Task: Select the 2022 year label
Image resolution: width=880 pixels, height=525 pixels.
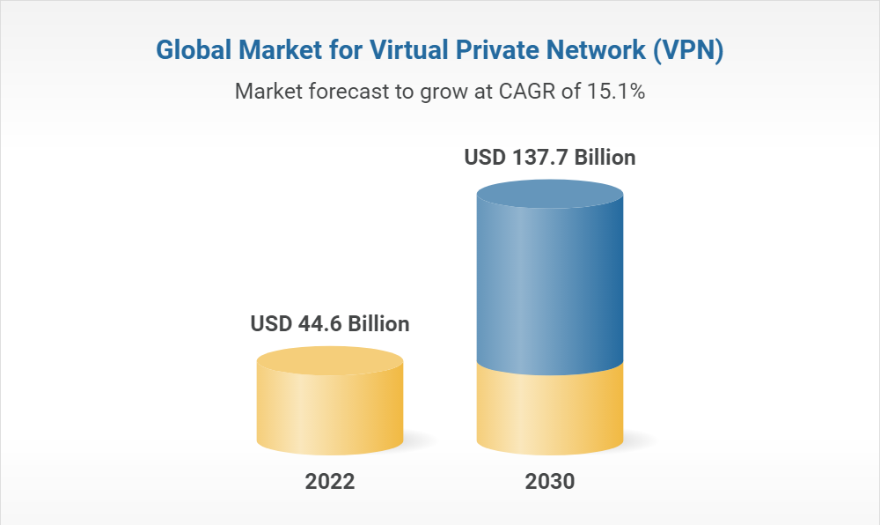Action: click(x=330, y=482)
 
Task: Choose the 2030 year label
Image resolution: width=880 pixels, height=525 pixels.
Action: click(x=550, y=482)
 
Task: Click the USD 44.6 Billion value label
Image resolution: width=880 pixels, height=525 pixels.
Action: click(x=330, y=324)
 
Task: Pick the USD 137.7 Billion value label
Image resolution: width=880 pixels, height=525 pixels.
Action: click(x=550, y=159)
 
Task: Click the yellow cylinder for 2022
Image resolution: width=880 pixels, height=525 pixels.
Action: click(x=330, y=410)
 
